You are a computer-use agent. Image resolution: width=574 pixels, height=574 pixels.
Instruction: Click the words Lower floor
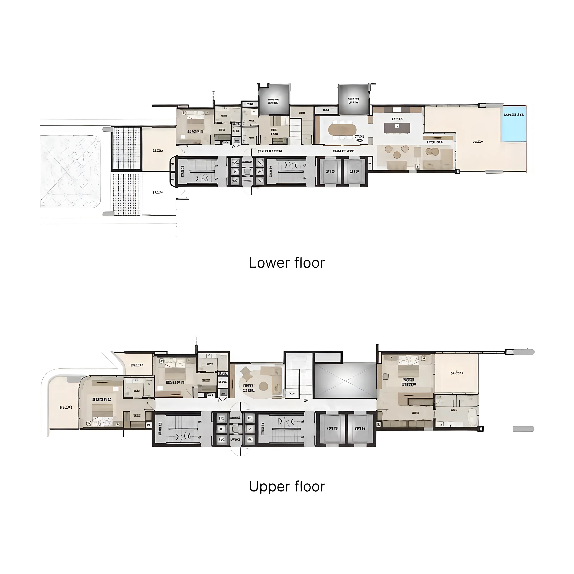click(x=287, y=263)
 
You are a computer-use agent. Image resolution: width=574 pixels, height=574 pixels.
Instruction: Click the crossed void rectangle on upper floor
click(x=345, y=380)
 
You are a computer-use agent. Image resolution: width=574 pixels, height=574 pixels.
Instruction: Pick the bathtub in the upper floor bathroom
click(x=472, y=417)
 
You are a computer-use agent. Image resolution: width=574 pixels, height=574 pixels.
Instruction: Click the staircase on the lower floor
click(x=296, y=131)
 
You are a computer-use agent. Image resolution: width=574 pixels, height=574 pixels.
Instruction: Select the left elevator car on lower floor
click(x=330, y=171)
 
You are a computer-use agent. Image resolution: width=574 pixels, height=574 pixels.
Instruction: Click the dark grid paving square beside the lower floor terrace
click(x=126, y=148)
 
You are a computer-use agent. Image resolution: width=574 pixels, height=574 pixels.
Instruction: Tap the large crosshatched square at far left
click(x=70, y=172)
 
